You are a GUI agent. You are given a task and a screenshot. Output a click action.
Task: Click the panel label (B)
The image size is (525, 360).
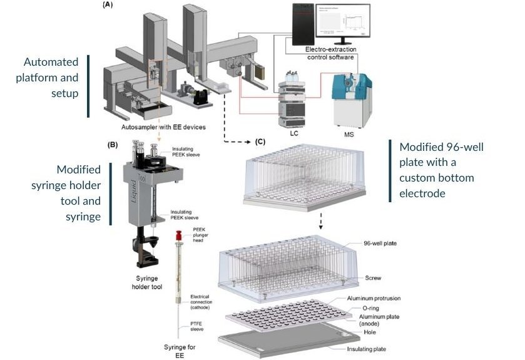[113, 145]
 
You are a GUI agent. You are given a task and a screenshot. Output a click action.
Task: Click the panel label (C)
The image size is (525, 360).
[260, 141]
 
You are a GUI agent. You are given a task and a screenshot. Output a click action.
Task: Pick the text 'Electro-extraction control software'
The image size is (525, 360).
[330, 53]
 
